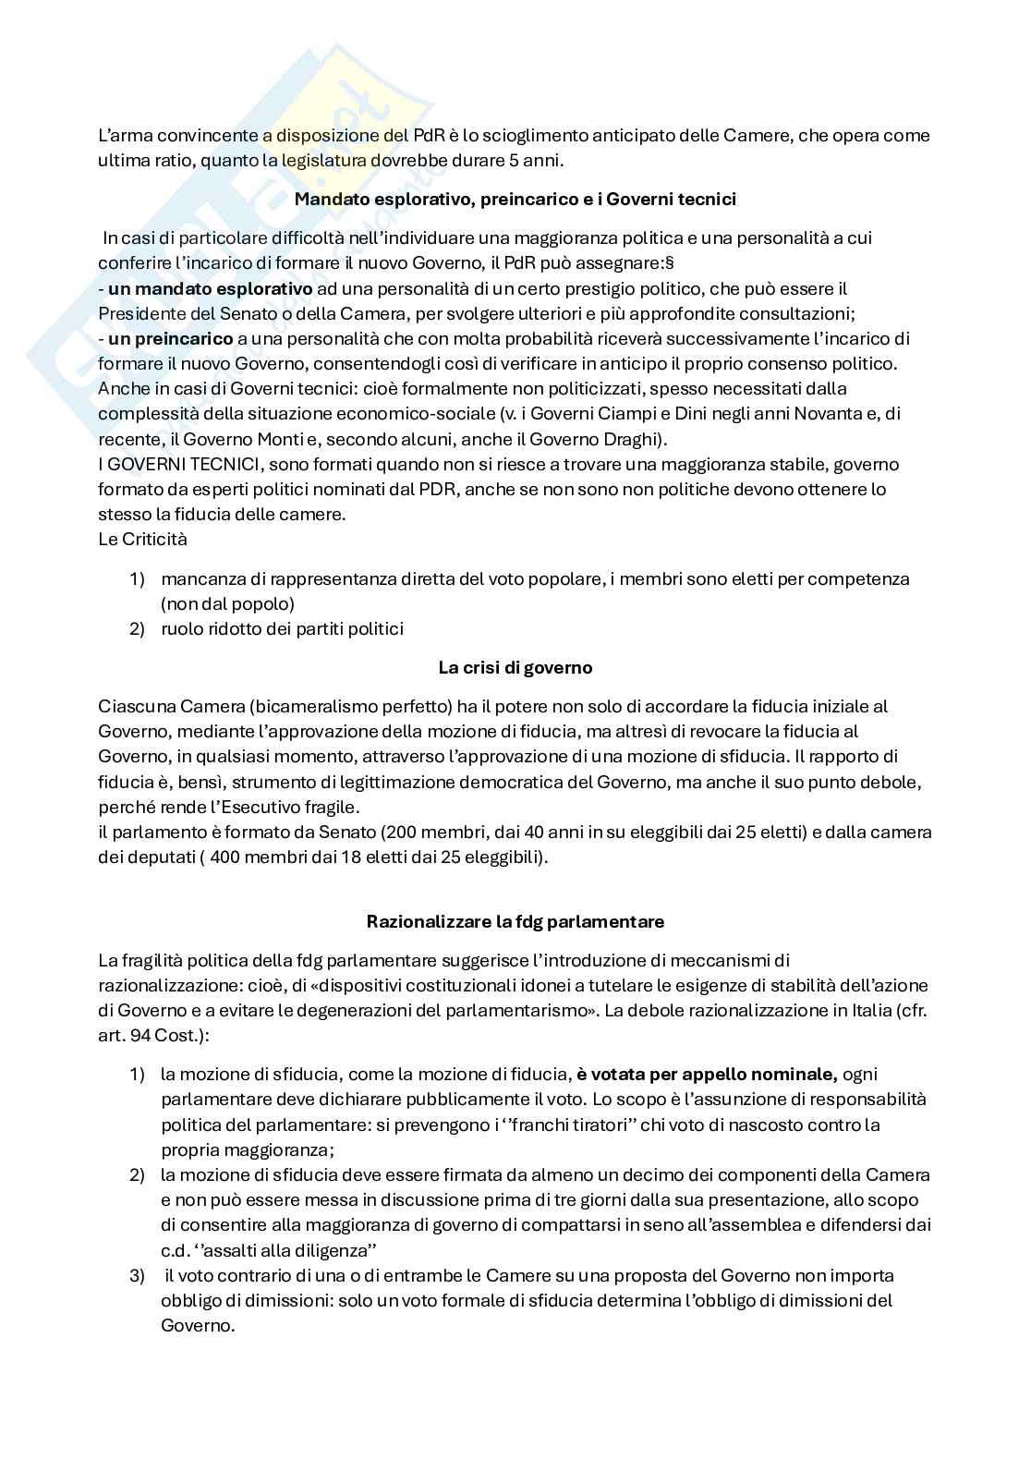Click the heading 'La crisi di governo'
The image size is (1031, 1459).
click(x=515, y=667)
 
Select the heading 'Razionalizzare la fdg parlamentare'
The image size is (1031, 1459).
click(x=515, y=921)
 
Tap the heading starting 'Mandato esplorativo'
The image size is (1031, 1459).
click(x=515, y=199)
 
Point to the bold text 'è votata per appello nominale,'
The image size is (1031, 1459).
click(x=707, y=1075)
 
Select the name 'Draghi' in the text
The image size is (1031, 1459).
click(x=634, y=439)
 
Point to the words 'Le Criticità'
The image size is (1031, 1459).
click(x=142, y=539)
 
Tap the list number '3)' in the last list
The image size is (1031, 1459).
click(x=137, y=1275)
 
